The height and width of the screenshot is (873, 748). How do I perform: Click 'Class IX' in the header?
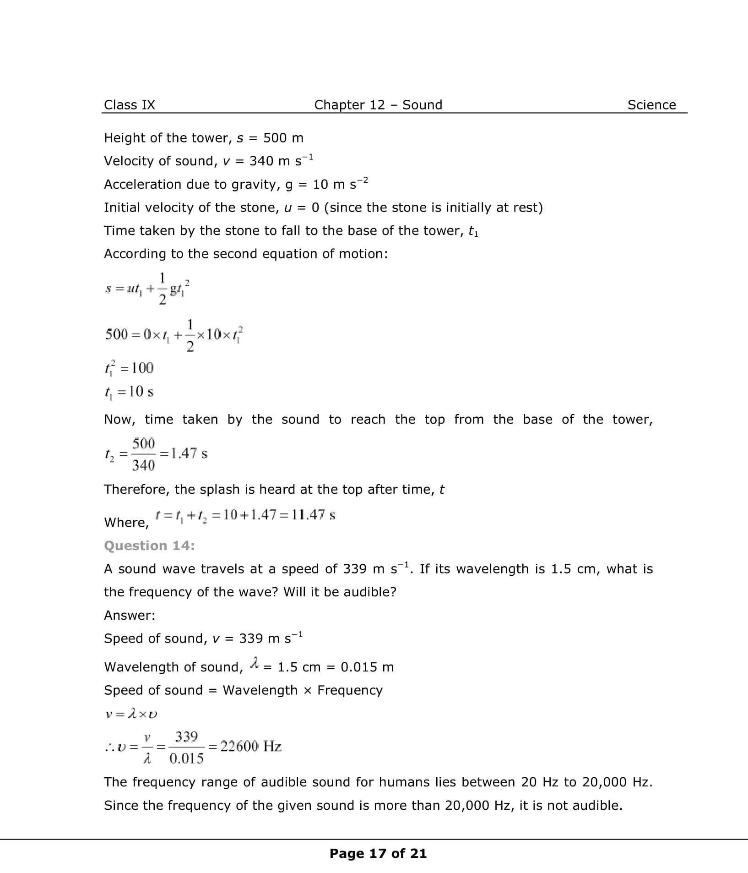(129, 105)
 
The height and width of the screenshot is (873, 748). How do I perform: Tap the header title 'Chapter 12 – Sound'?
(378, 105)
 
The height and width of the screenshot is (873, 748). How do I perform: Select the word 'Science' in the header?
(651, 105)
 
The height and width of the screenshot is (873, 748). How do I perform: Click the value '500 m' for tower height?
(283, 138)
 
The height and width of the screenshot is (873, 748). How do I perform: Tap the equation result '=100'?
(136, 368)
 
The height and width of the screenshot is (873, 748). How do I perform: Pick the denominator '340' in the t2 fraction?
(143, 465)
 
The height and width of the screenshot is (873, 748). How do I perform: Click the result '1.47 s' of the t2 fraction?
(189, 453)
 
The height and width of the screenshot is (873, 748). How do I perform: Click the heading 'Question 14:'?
(149, 546)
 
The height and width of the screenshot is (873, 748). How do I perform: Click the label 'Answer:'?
(130, 615)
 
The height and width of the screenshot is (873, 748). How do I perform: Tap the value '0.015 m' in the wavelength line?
(367, 667)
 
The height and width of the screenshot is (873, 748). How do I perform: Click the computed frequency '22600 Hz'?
(251, 747)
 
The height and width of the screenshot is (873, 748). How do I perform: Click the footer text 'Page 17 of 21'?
(378, 853)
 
